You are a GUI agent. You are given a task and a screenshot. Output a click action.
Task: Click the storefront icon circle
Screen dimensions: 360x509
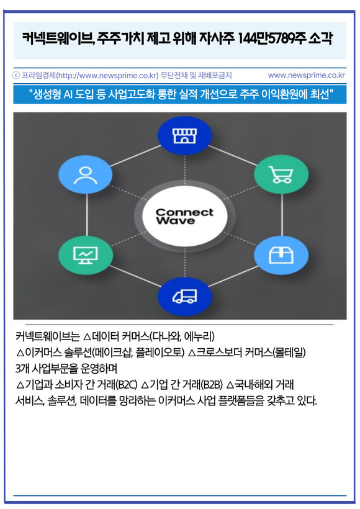tap(184, 136)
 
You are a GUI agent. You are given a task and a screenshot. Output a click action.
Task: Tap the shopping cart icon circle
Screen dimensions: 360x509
tap(281, 174)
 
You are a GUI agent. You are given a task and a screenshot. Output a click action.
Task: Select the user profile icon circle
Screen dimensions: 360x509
tap(86, 174)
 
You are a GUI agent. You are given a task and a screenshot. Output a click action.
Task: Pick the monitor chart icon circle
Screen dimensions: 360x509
tap(86, 255)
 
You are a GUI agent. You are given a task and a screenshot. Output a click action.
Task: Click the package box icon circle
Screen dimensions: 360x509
tap(281, 255)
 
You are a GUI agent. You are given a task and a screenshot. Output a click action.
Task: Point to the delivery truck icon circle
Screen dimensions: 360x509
tap(184, 296)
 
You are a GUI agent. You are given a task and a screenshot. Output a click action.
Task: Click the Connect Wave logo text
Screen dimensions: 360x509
tap(184, 216)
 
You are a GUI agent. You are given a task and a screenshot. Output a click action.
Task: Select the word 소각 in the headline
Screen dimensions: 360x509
tap(321, 39)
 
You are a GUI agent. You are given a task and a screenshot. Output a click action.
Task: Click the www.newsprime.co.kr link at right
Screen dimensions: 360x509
tap(307, 75)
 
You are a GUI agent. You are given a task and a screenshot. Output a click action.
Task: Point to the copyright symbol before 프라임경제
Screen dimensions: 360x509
tap(16, 76)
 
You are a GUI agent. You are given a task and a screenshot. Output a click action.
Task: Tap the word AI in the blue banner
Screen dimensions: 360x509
tap(68, 94)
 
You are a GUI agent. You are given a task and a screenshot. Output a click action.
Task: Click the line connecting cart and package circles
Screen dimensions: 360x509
tap(281, 215)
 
